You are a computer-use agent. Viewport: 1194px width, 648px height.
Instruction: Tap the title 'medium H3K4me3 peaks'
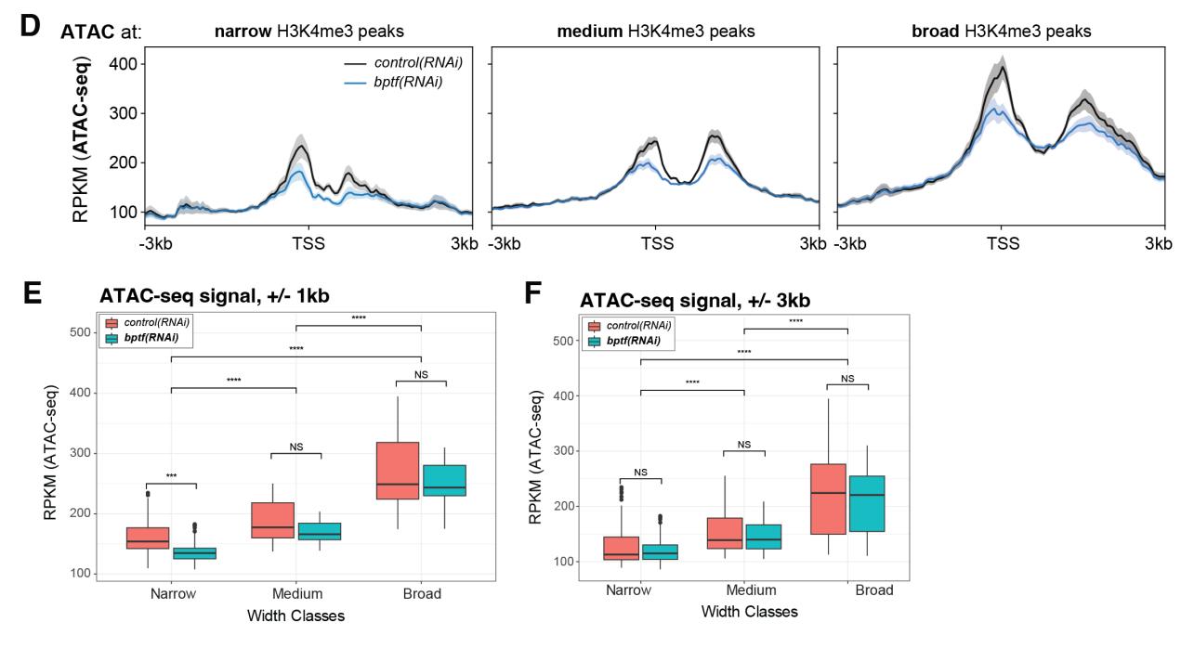[655, 32]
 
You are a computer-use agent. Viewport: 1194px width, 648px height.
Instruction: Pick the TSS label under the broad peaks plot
[1003, 243]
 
